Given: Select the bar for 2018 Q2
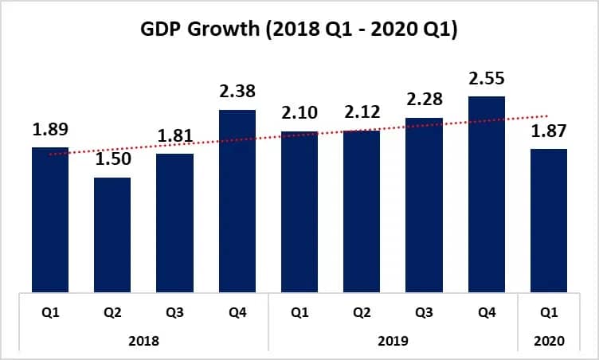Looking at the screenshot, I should click(x=112, y=234).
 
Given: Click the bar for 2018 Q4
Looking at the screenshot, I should click(x=237, y=201).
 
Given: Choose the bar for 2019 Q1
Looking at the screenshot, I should click(x=299, y=211).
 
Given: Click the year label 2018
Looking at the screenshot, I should click(x=143, y=340).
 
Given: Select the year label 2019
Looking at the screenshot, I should click(x=392, y=340).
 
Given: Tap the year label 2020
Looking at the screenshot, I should click(x=549, y=340).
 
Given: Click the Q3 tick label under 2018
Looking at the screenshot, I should click(x=174, y=314).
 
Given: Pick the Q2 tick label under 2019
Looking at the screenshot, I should click(x=361, y=314).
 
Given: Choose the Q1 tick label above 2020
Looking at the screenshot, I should click(x=549, y=314).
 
